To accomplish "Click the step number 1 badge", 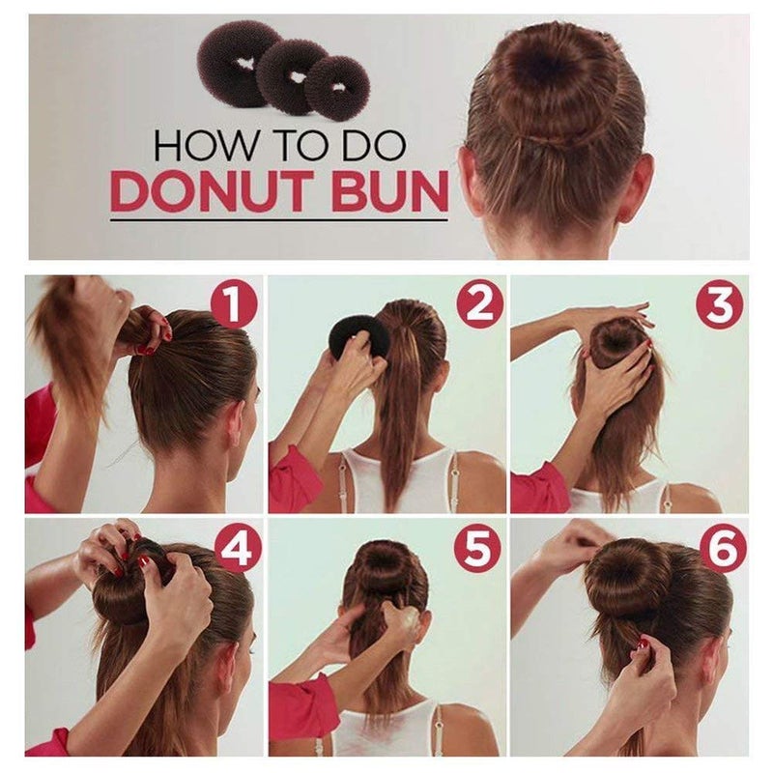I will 233,305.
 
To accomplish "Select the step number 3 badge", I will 719,305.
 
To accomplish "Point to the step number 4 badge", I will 238,549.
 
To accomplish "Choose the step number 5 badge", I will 477,549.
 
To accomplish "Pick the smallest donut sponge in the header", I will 337,87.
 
